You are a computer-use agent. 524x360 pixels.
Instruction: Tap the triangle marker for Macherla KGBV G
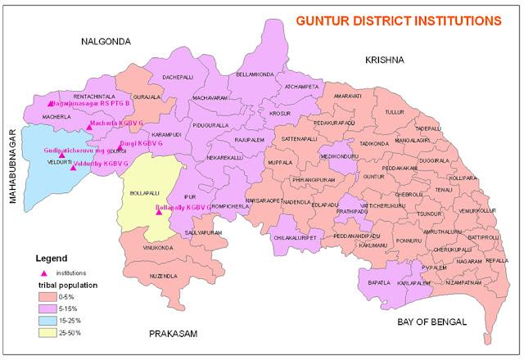coord(89,127)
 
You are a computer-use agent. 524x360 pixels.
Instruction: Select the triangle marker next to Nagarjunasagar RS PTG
coord(51,104)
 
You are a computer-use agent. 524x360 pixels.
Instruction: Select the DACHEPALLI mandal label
coord(178,76)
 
